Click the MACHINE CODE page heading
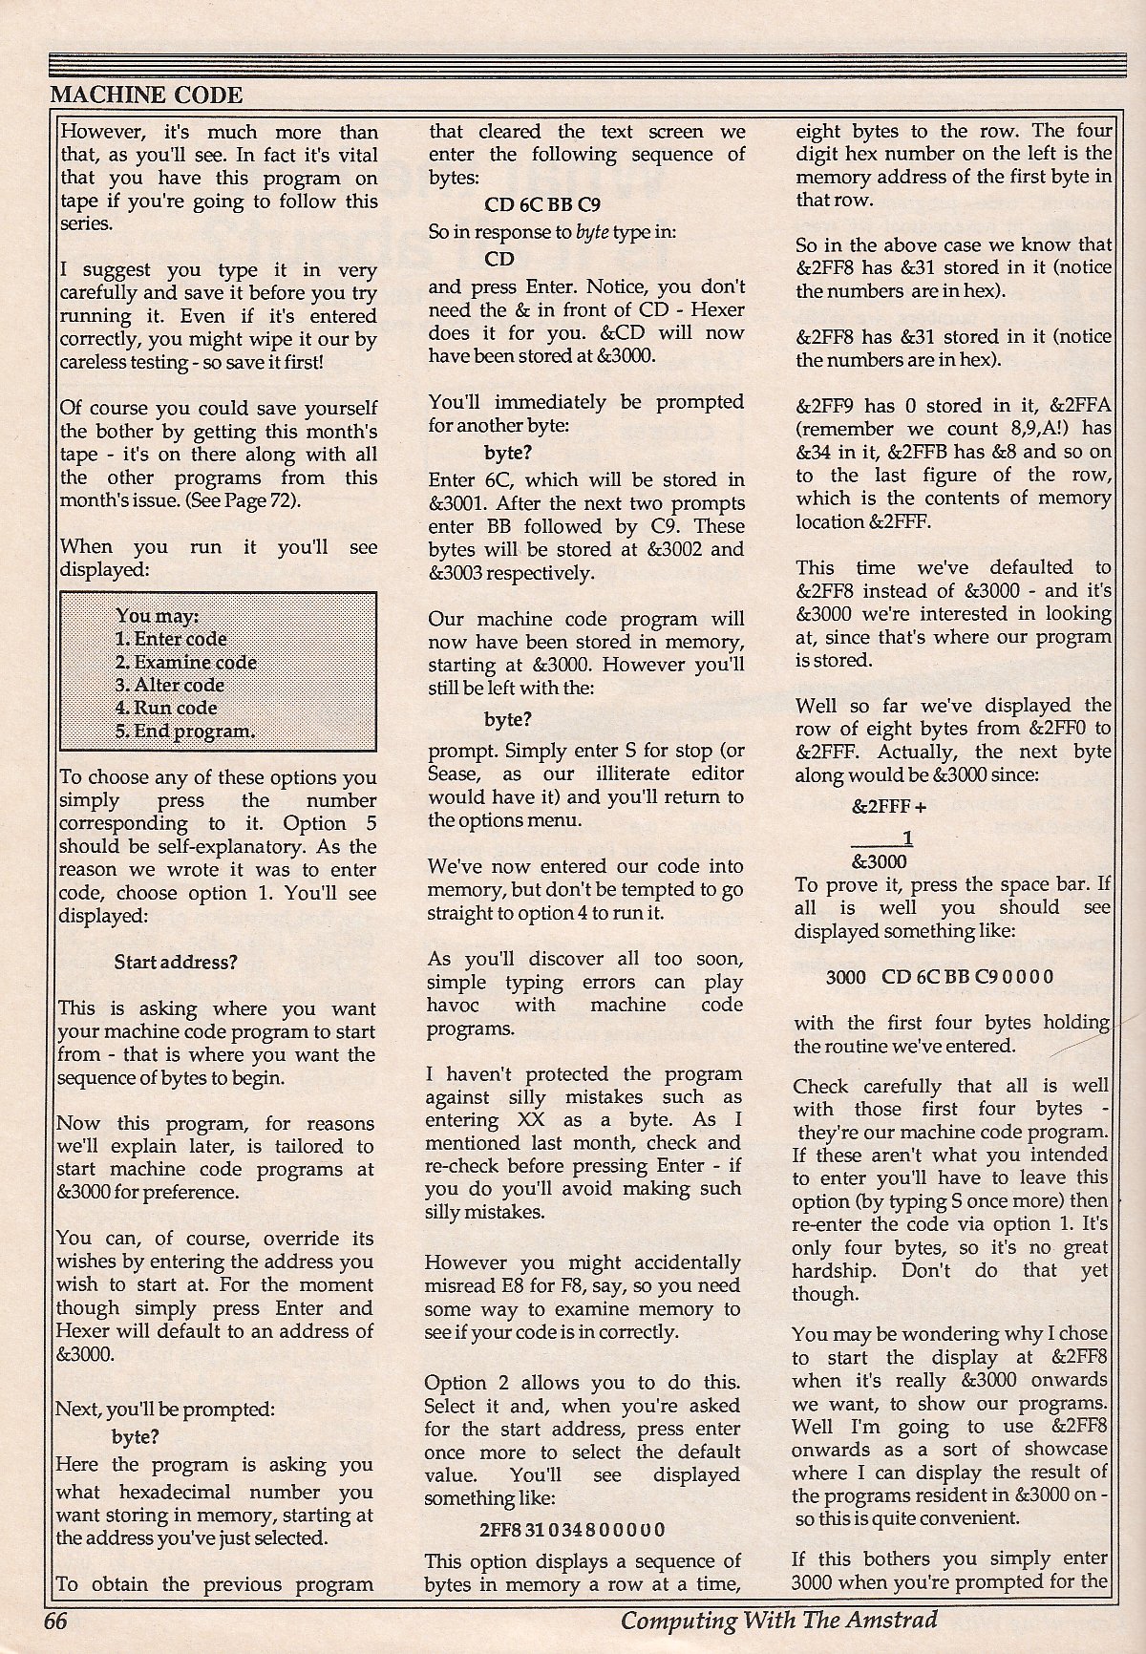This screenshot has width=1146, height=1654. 146,94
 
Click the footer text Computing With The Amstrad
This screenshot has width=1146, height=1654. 778,1620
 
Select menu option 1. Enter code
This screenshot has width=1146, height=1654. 171,639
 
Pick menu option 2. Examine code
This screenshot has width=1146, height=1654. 185,662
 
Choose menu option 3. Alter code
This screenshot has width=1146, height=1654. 169,685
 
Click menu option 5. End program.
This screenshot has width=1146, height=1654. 184,732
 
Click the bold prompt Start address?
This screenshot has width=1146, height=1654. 175,962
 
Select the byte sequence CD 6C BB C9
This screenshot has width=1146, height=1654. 542,202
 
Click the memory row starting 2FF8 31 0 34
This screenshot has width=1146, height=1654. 572,1529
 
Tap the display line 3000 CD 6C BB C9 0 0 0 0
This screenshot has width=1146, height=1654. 940,976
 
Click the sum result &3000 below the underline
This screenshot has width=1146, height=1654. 873,859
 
